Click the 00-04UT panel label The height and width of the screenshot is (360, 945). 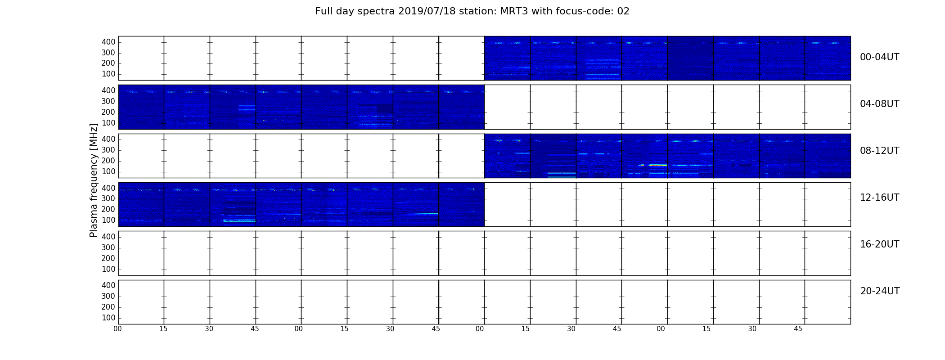879,57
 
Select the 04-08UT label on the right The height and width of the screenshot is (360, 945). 879,104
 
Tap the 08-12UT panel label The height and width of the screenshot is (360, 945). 879,151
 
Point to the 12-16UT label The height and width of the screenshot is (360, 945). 879,198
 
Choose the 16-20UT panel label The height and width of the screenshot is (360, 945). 879,244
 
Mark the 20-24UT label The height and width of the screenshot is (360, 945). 880,291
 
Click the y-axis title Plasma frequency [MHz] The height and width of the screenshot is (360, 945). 94,180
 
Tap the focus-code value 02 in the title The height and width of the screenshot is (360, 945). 623,11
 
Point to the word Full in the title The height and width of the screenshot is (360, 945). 324,11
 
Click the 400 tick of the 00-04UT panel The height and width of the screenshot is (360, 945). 108,42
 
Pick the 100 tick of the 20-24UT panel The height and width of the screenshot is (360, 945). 108,318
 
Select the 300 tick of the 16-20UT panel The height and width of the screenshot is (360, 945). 108,247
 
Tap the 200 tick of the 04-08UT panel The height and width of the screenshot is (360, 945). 108,112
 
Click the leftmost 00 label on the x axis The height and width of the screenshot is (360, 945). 117,329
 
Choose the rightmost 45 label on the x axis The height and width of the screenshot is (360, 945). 798,329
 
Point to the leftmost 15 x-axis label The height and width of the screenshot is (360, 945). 163,329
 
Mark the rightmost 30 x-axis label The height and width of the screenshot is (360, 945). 752,329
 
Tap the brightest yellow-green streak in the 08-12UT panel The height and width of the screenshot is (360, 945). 658,165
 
